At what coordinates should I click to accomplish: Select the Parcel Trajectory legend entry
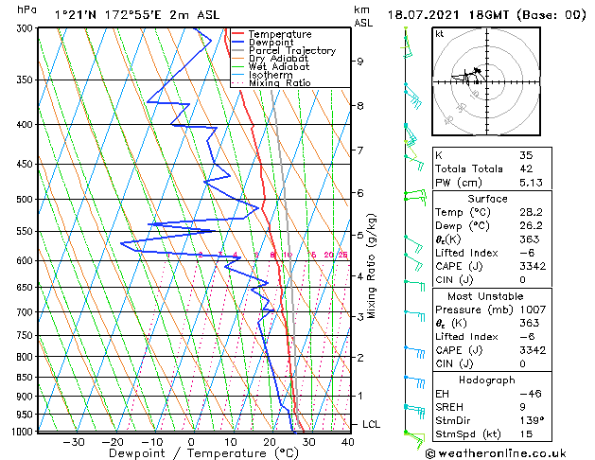(x=291, y=51)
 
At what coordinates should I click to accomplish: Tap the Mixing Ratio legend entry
(x=279, y=83)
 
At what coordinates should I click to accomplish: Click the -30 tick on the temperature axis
(x=74, y=441)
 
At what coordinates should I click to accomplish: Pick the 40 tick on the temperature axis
(x=348, y=441)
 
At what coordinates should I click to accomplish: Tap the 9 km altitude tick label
(x=360, y=62)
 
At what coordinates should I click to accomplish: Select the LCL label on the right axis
(x=371, y=425)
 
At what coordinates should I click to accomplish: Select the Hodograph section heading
(x=487, y=380)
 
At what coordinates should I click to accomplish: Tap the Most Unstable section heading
(x=487, y=295)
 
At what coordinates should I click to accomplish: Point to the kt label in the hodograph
(x=440, y=34)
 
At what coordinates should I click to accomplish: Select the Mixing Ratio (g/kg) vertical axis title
(x=373, y=266)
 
